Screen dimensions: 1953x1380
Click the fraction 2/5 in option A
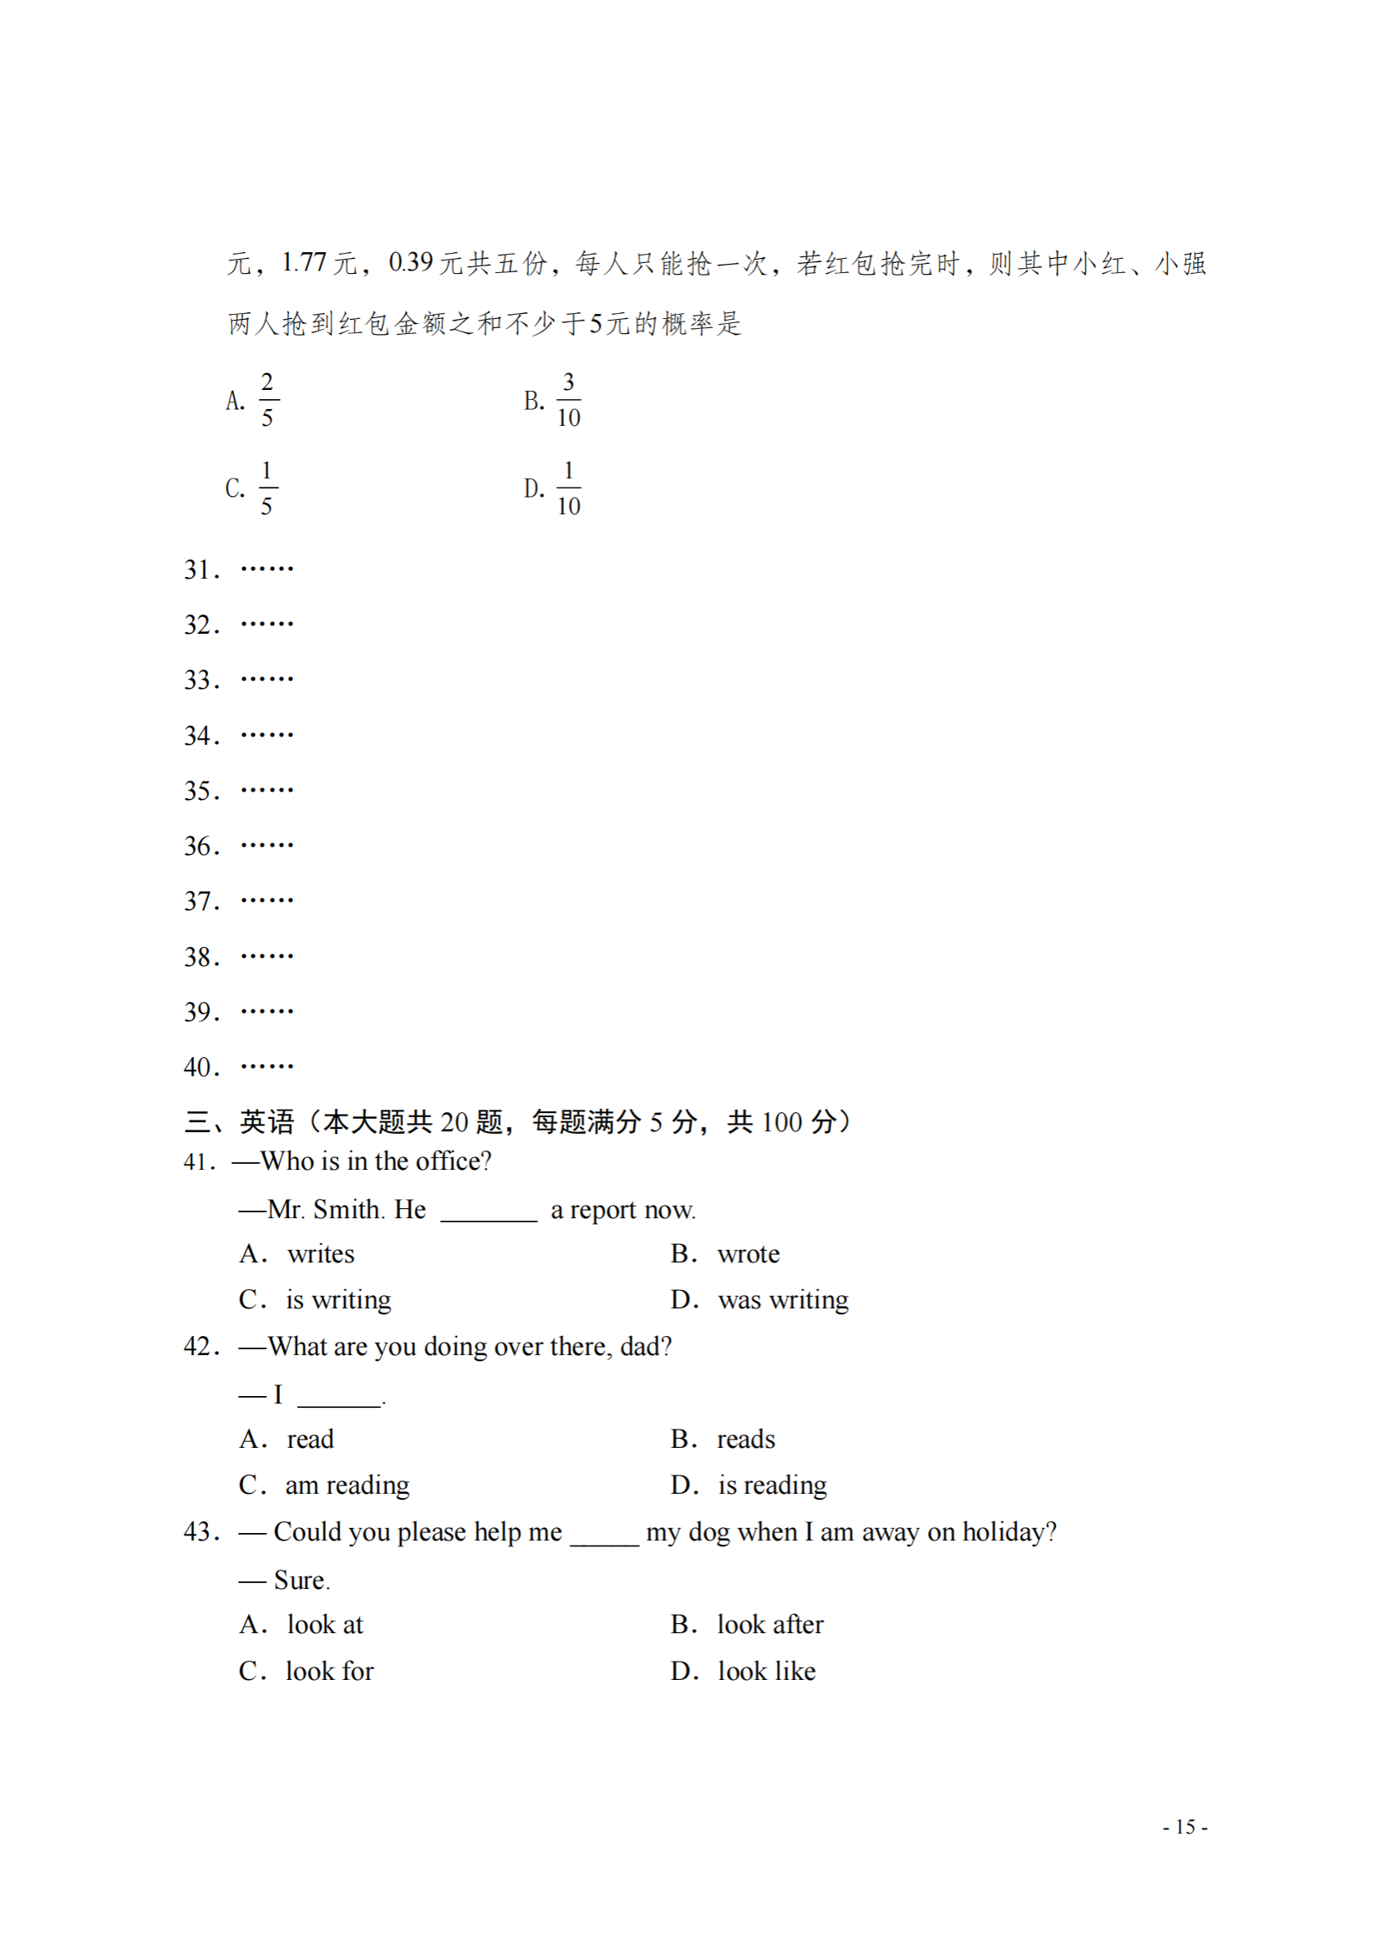click(x=267, y=399)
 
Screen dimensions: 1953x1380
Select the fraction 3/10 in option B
click(x=568, y=399)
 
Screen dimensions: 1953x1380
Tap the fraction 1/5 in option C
click(x=267, y=488)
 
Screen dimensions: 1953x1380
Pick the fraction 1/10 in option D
click(x=568, y=488)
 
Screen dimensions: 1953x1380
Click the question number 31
click(x=200, y=570)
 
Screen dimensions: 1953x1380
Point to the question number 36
click(x=200, y=847)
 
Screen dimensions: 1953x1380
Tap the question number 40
click(x=200, y=1068)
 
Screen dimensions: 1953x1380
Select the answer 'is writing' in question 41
click(x=338, y=1300)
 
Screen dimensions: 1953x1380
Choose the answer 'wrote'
click(x=748, y=1254)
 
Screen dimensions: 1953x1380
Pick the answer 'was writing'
click(x=783, y=1300)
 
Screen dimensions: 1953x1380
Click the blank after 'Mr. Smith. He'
click(x=489, y=1212)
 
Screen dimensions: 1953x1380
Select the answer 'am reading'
click(x=348, y=1485)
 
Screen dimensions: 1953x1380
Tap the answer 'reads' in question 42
click(x=746, y=1439)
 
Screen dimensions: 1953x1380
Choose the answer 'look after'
click(x=770, y=1625)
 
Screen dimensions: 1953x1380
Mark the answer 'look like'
click(x=767, y=1672)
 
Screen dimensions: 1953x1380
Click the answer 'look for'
click(x=329, y=1672)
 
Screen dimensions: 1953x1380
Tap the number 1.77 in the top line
click(x=304, y=263)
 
